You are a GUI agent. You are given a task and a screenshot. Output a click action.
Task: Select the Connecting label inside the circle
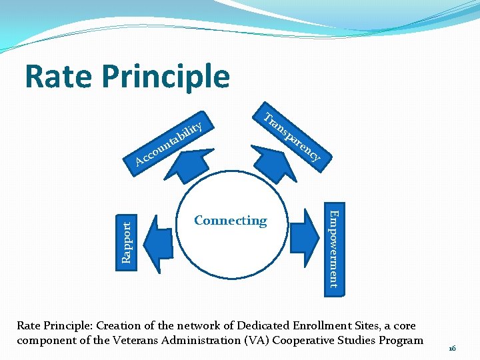click(230, 221)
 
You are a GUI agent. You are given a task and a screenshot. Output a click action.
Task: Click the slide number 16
click(452, 349)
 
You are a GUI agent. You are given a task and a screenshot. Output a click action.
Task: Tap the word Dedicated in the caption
click(265, 326)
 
